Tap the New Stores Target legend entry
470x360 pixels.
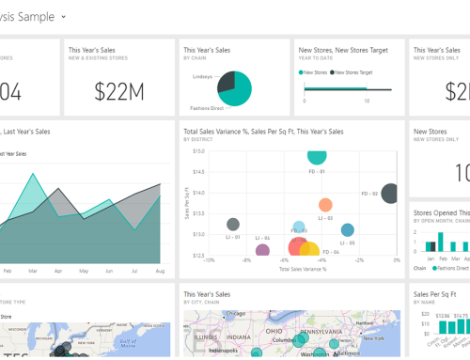(350, 71)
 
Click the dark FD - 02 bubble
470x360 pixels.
(390, 192)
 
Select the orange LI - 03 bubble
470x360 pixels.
(325, 204)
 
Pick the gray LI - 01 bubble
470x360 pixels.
(233, 225)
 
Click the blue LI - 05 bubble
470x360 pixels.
(348, 229)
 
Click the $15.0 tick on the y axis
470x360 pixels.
(198, 151)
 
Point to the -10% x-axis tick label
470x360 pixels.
(209, 260)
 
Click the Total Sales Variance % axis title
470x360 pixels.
(303, 269)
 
